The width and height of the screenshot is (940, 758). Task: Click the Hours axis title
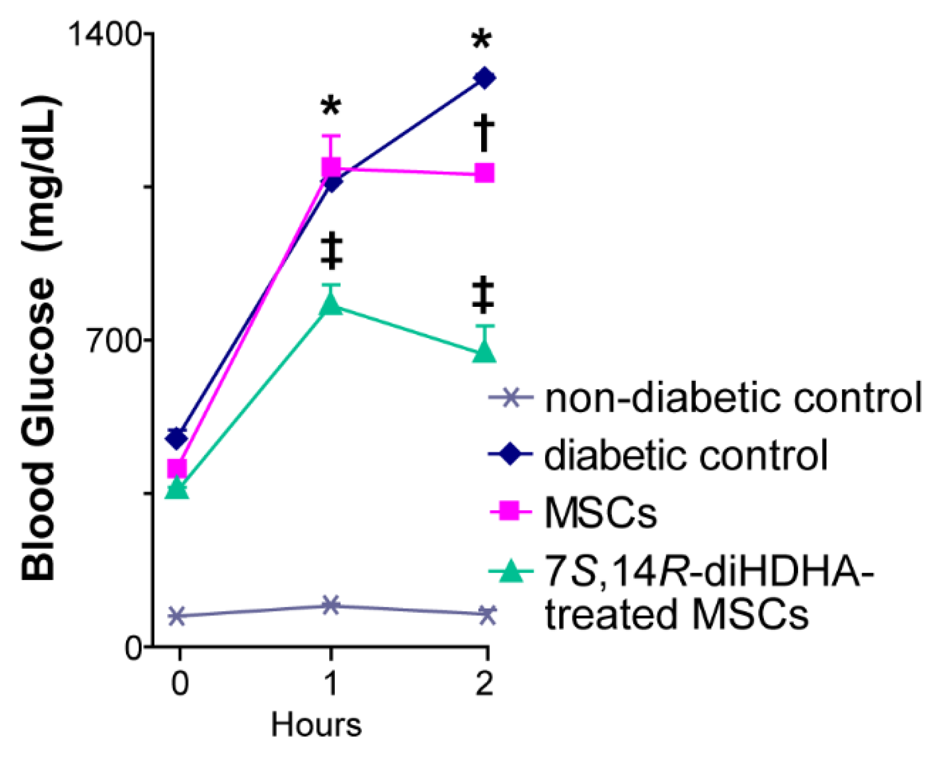click(316, 725)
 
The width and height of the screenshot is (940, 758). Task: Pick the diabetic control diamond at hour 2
click(484, 78)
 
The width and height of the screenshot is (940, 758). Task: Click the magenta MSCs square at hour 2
click(484, 172)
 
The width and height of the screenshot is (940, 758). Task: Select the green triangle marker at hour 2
click(484, 352)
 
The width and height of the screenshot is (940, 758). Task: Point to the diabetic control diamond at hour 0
click(177, 438)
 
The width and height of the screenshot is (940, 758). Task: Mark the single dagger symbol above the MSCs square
click(484, 133)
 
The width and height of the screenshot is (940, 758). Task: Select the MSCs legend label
click(600, 513)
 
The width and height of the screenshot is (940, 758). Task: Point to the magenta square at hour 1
click(331, 168)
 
